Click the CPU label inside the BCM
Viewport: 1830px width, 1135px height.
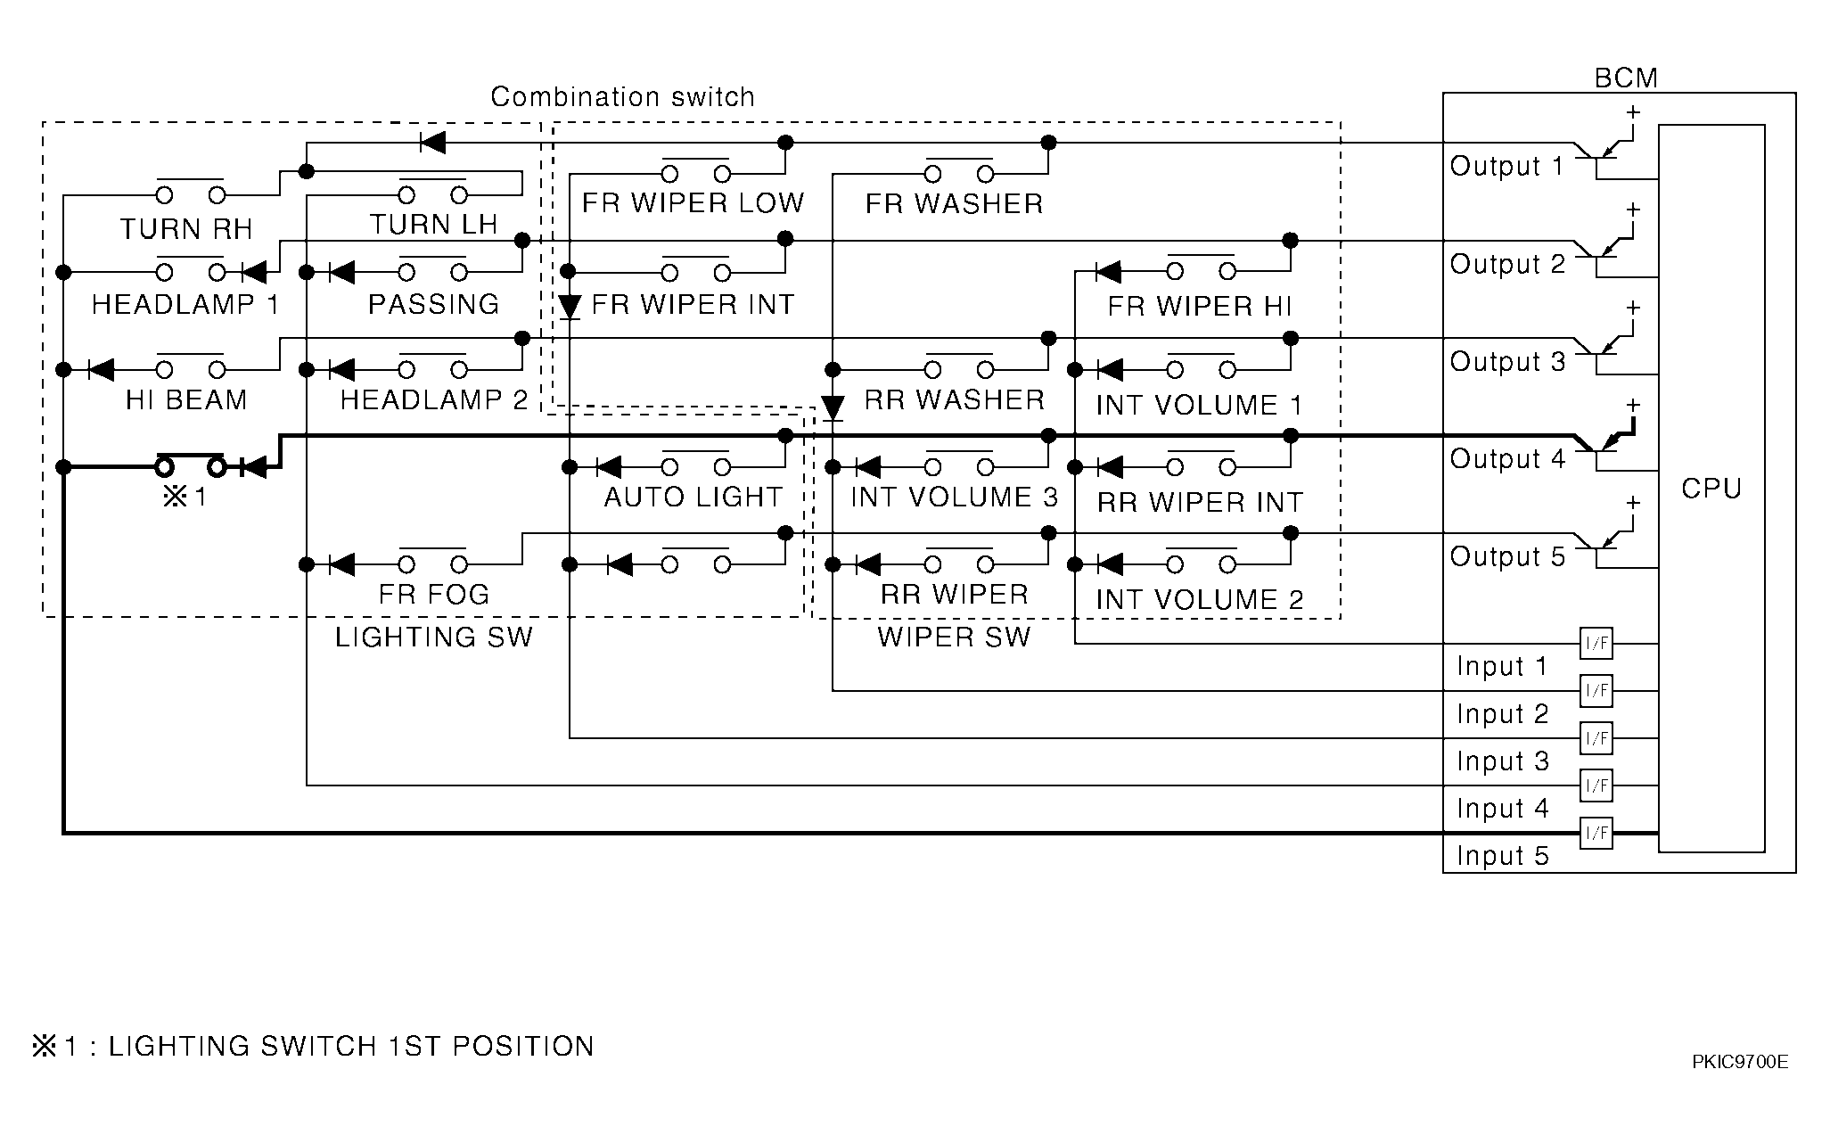click(x=1711, y=489)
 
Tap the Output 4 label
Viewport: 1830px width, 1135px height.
click(x=1507, y=459)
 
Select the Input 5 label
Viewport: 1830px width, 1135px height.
click(x=1503, y=856)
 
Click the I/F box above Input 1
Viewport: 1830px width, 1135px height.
click(x=1596, y=642)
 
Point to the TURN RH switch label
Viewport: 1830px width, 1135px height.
click(x=186, y=229)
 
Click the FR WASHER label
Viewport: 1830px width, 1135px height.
click(x=954, y=204)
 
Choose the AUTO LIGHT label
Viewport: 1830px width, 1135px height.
click(x=693, y=497)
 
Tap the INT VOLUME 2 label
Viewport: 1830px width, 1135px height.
click(x=1200, y=599)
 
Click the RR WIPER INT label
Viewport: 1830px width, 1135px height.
click(x=1200, y=503)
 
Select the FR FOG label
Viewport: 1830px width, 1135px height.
click(x=434, y=594)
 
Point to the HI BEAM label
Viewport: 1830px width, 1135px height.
click(x=186, y=400)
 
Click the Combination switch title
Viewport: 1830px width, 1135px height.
click(x=622, y=96)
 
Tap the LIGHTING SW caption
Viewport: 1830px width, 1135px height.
click(x=433, y=637)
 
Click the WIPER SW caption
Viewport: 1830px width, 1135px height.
click(x=954, y=637)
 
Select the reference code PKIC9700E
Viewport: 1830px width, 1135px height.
click(x=1740, y=1062)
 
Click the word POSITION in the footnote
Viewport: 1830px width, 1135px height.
click(x=523, y=1046)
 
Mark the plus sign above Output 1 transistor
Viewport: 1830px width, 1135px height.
click(x=1633, y=112)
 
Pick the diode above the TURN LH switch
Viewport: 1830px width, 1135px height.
click(x=432, y=143)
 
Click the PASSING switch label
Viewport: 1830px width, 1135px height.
click(x=434, y=304)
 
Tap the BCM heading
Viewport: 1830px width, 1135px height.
click(x=1626, y=78)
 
